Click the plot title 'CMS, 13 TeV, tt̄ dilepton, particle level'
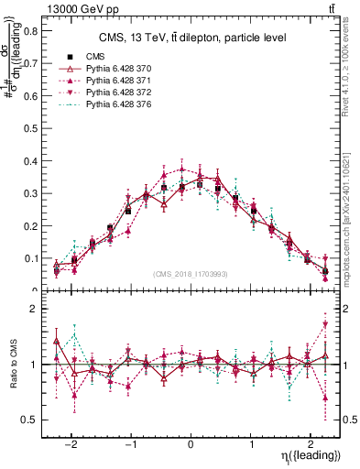192,38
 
